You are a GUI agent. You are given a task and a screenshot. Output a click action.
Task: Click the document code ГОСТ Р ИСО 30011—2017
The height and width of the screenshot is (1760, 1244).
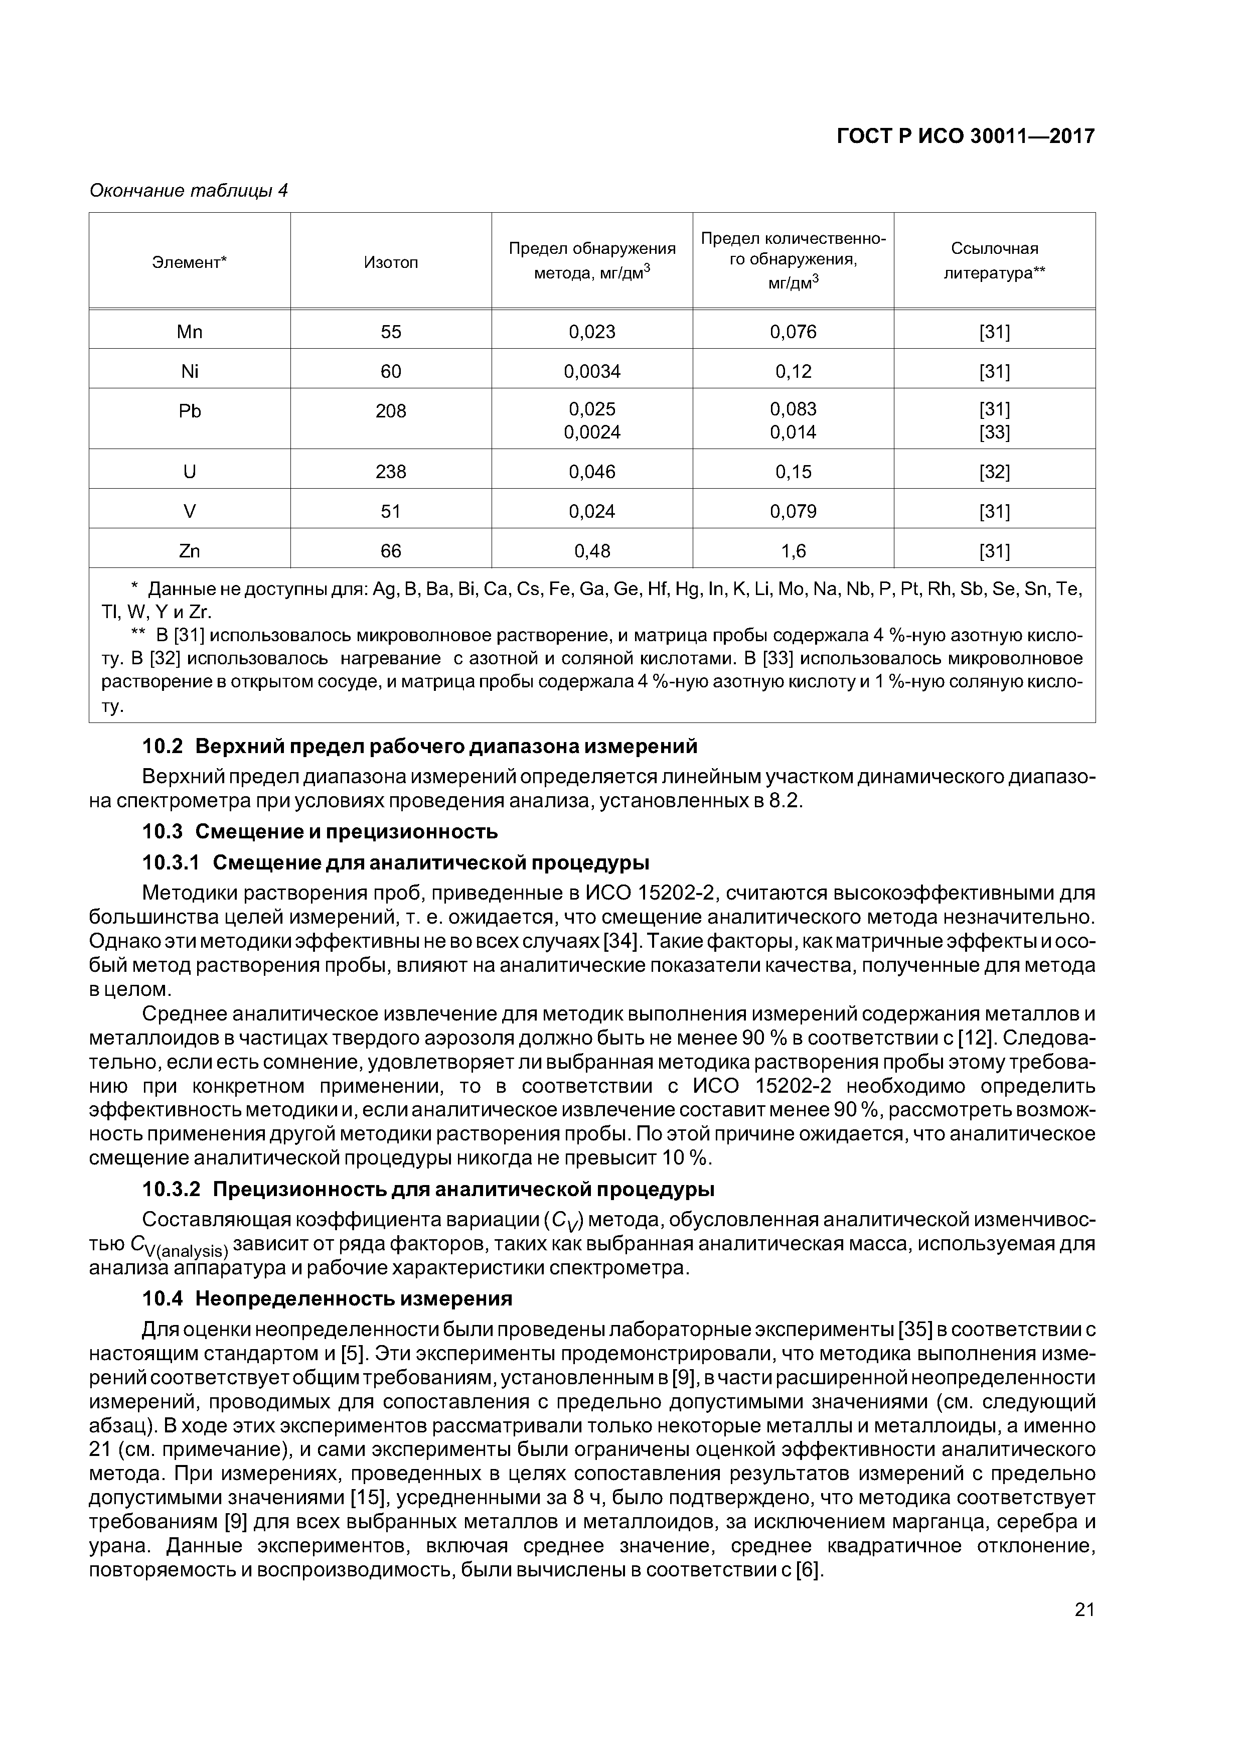tap(965, 136)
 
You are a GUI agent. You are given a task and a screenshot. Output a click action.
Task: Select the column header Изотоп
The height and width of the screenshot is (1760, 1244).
tap(391, 263)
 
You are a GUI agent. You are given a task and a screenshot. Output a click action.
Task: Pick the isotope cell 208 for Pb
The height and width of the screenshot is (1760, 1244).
tap(391, 411)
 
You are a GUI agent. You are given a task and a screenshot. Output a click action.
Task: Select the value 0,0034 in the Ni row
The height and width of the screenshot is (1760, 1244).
tap(592, 372)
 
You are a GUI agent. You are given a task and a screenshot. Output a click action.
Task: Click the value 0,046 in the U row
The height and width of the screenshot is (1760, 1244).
tap(592, 472)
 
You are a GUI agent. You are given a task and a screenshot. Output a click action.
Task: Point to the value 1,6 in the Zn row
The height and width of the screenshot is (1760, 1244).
tap(794, 551)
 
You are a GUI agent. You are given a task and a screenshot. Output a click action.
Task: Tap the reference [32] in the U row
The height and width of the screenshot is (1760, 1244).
tap(994, 472)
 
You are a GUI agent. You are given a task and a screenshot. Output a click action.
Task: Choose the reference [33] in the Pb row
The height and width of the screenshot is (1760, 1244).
tap(994, 432)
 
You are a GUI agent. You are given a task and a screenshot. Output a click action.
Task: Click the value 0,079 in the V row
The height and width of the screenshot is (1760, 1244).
tap(794, 511)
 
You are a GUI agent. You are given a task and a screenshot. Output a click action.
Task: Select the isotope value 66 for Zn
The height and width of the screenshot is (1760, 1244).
tap(391, 551)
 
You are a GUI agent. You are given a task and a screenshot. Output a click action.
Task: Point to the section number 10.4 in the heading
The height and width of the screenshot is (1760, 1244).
tap(164, 1298)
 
